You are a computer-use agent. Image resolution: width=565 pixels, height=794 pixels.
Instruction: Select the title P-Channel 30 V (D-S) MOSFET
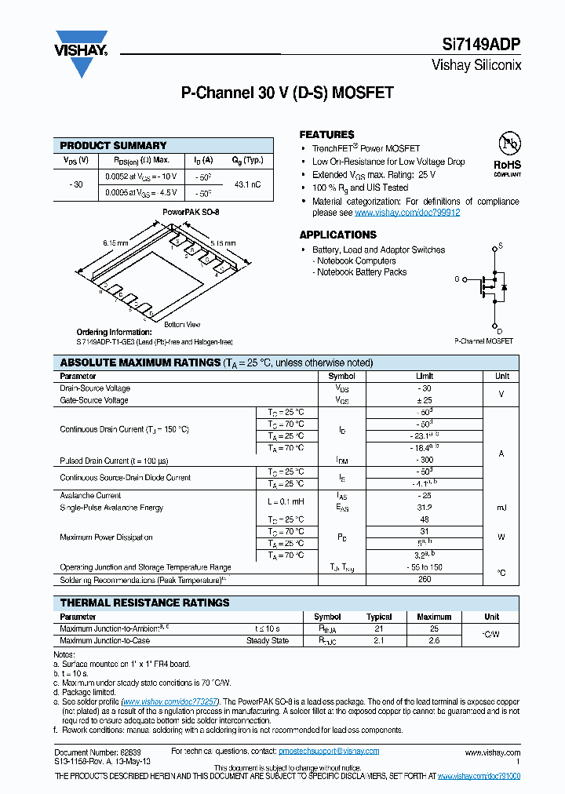287,93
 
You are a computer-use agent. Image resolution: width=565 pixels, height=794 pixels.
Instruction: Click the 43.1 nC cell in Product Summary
248,184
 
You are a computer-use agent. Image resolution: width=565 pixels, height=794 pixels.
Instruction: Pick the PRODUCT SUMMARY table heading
113,145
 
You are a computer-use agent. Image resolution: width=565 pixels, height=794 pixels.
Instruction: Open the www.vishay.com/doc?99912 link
407,213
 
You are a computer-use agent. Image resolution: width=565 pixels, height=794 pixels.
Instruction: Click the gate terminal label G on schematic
456,279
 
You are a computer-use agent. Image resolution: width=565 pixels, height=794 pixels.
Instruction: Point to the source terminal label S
500,246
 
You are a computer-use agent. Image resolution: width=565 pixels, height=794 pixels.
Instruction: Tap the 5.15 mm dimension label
222,243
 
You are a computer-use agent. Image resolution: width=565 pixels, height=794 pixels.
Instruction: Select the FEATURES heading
326,135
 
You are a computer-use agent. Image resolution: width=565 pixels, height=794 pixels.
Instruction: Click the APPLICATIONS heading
338,235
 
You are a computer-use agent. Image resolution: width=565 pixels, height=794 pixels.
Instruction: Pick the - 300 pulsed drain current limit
424,461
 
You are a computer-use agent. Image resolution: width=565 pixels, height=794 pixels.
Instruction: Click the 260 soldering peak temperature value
424,580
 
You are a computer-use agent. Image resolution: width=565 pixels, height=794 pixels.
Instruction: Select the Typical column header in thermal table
379,617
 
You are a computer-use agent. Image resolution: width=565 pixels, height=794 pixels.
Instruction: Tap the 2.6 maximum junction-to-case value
434,641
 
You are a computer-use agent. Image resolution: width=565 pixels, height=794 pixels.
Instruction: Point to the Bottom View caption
182,325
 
